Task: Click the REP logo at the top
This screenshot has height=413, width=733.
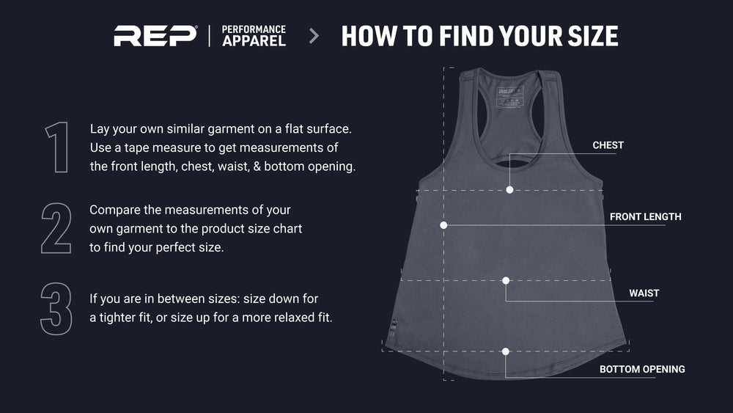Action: pyautogui.click(x=155, y=36)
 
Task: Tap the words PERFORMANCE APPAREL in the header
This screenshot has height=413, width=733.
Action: pyautogui.click(x=254, y=36)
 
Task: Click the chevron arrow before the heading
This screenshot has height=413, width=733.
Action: pyautogui.click(x=314, y=36)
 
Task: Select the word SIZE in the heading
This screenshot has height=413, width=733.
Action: pyautogui.click(x=593, y=36)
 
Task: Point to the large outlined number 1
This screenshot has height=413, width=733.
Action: pyautogui.click(x=57, y=147)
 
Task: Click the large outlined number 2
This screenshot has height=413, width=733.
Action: pyautogui.click(x=56, y=228)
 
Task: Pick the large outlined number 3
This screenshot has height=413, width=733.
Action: pyautogui.click(x=56, y=309)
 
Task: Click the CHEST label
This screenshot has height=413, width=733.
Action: pyautogui.click(x=608, y=145)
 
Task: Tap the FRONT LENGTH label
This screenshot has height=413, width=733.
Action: pyautogui.click(x=645, y=216)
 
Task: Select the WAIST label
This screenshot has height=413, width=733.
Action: pyautogui.click(x=644, y=293)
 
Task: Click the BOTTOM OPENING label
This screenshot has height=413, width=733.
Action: pyautogui.click(x=642, y=369)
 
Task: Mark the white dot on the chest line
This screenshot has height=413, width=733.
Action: pyautogui.click(x=509, y=190)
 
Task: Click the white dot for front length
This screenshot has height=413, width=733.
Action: pyautogui.click(x=443, y=225)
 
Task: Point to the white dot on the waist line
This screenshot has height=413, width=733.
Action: pyautogui.click(x=506, y=281)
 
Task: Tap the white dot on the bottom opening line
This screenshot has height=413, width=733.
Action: pyautogui.click(x=505, y=351)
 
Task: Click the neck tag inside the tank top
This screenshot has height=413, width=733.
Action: pyautogui.click(x=509, y=98)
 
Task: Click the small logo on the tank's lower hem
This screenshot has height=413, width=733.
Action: pyautogui.click(x=393, y=328)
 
